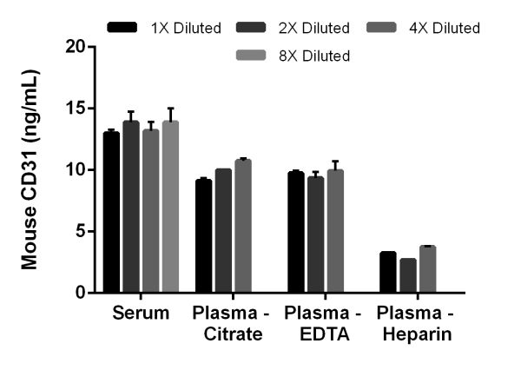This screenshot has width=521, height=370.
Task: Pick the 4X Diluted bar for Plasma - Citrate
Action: click(x=243, y=226)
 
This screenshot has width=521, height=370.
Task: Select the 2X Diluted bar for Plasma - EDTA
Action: click(x=316, y=235)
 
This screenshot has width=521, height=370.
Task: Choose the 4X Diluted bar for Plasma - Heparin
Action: click(x=427, y=269)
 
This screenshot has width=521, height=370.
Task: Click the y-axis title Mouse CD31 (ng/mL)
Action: click(x=30, y=170)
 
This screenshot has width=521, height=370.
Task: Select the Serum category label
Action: click(x=141, y=314)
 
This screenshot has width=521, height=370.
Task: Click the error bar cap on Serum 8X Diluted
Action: click(x=170, y=109)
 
